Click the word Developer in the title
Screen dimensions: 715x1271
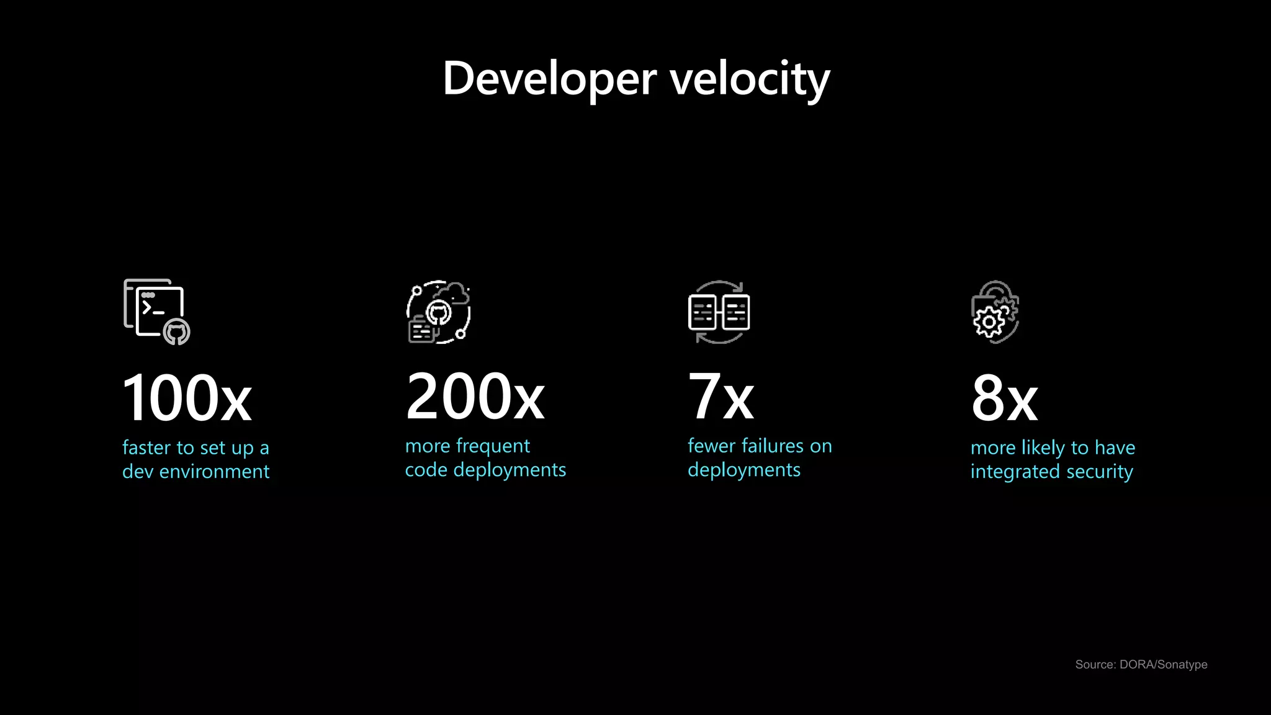[549, 79]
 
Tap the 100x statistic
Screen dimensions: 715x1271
[187, 397]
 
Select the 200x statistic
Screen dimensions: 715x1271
[475, 396]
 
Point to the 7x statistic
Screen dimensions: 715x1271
[721, 396]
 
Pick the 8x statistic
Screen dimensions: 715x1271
[1004, 398]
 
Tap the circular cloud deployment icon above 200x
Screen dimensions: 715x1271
[438, 312]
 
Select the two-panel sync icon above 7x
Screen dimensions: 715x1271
[719, 312]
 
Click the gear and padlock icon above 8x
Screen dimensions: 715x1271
[995, 312]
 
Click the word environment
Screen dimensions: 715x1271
[214, 472]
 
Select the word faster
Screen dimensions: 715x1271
[146, 447]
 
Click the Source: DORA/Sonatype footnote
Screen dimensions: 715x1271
[1141, 664]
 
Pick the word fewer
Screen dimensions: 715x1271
[711, 446]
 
